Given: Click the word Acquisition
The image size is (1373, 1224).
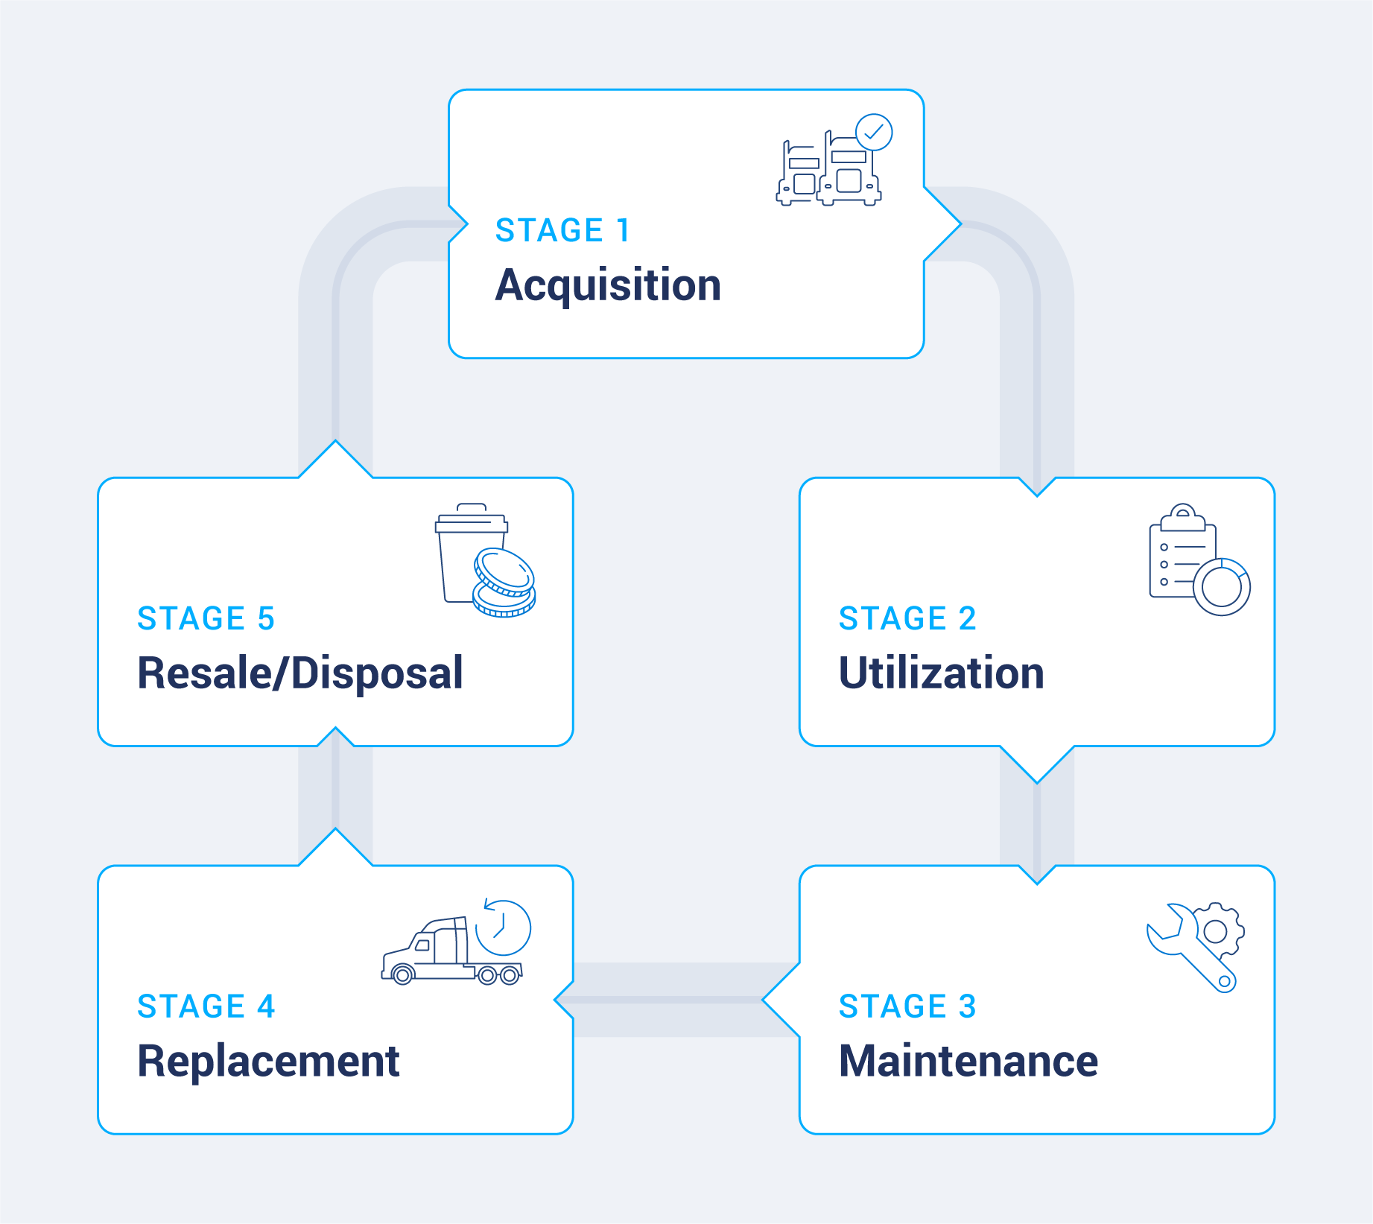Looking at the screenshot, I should [608, 285].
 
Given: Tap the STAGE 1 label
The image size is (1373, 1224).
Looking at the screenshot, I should [562, 230].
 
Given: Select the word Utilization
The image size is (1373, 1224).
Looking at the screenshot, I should [941, 673].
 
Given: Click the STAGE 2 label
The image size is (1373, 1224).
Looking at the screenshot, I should [907, 618].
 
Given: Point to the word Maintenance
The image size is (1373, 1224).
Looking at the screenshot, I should [968, 1061].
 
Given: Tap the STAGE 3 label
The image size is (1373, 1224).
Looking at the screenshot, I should [907, 1006].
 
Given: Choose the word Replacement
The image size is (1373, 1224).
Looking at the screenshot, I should [268, 1061].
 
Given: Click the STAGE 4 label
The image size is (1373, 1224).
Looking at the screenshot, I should [206, 1006].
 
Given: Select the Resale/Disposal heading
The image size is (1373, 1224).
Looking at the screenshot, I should [300, 673].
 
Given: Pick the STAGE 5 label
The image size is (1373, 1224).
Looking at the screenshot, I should [206, 618].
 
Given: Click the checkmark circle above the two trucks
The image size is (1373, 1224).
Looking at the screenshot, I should [873, 133].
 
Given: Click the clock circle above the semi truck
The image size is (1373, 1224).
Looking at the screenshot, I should [504, 928].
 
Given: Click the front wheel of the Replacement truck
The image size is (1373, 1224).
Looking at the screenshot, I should [402, 974].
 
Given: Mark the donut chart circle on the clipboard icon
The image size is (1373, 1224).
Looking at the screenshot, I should [1222, 587].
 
